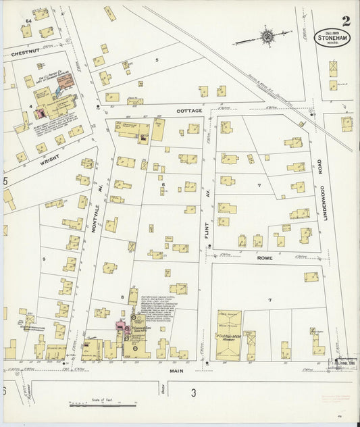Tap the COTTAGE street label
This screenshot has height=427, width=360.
190,110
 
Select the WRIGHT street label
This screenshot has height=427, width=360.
49,160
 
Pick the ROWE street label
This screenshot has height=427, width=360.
263,257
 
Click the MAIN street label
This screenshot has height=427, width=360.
177,370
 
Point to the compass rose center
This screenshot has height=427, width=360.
267,35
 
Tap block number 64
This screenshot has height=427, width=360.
28,22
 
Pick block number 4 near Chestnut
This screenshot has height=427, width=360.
30,106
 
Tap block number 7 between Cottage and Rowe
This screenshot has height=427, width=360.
259,184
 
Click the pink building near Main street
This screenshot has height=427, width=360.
122,329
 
